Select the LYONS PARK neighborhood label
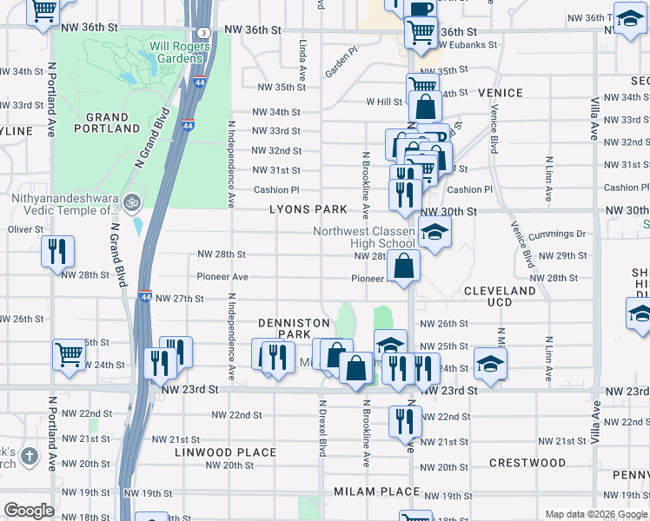click(x=308, y=210)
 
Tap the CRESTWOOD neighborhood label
click(x=527, y=463)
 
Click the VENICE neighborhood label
click(x=500, y=93)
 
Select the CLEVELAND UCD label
click(x=500, y=296)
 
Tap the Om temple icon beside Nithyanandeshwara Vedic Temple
click(x=131, y=202)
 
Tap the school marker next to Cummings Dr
click(x=434, y=232)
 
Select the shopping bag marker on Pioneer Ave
click(x=405, y=266)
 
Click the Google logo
click(x=29, y=511)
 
